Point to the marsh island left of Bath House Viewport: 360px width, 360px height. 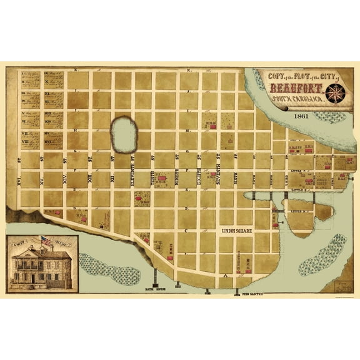[106, 265]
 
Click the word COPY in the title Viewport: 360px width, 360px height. [274, 75]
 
